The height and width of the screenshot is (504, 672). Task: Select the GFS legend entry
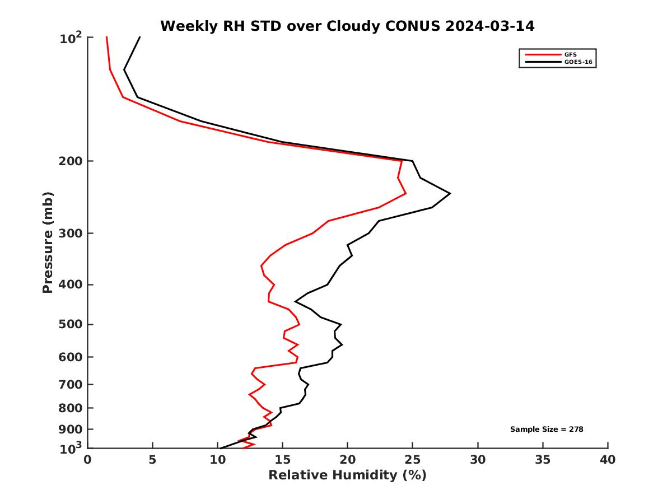[571, 54]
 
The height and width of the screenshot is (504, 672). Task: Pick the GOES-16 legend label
[578, 62]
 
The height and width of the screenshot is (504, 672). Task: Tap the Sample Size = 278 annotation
[547, 429]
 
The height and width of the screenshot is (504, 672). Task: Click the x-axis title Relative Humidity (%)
[347, 475]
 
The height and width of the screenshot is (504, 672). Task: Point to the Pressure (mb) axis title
[48, 242]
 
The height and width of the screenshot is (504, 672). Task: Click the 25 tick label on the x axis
[413, 460]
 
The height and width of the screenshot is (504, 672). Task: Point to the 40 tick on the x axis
[608, 460]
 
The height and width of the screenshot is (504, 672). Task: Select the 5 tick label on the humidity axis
[153, 460]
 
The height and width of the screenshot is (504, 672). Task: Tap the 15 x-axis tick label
[283, 460]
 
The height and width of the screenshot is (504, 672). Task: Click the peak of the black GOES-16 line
[450, 194]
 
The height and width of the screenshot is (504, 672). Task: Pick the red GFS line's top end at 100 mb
[106, 37]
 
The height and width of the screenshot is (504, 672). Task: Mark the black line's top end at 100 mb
[139, 37]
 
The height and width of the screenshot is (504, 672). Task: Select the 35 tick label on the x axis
[543, 460]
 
